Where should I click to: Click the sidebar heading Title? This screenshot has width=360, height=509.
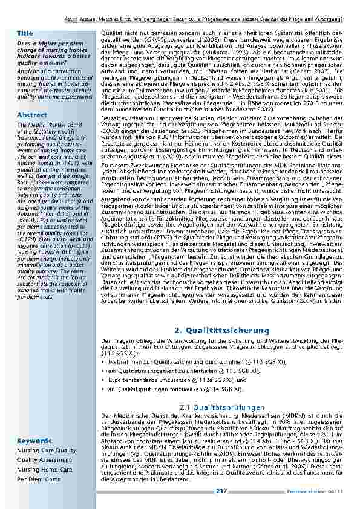coord(25,31)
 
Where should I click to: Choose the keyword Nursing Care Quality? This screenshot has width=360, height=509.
coord(46,450)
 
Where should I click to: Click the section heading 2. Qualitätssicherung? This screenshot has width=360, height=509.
coord(221,331)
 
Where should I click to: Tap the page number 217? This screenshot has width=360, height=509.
coord(220,492)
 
